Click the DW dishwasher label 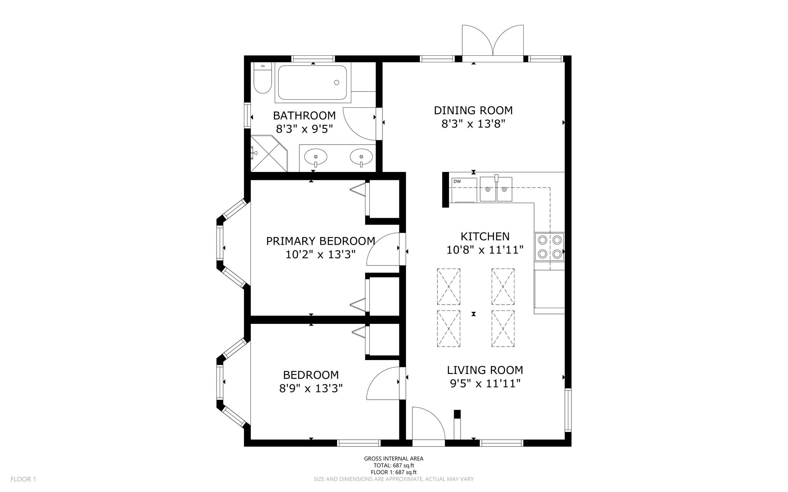pyautogui.click(x=457, y=181)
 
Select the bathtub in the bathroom pyautogui.click(x=313, y=83)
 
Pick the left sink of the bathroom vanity pyautogui.click(x=316, y=157)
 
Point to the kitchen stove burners pyautogui.click(x=549, y=247)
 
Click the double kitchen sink pyautogui.click(x=496, y=189)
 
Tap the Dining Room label pyautogui.click(x=473, y=110)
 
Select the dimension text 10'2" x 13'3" pyautogui.click(x=320, y=255)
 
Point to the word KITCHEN pyautogui.click(x=485, y=236)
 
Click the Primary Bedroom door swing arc pyautogui.click(x=383, y=249)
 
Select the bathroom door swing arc pyautogui.click(x=359, y=123)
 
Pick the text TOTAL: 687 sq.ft pyautogui.click(x=394, y=465)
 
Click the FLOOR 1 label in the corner pyautogui.click(x=23, y=479)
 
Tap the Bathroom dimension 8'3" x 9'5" pyautogui.click(x=304, y=128)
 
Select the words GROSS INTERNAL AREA pyautogui.click(x=394, y=459)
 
